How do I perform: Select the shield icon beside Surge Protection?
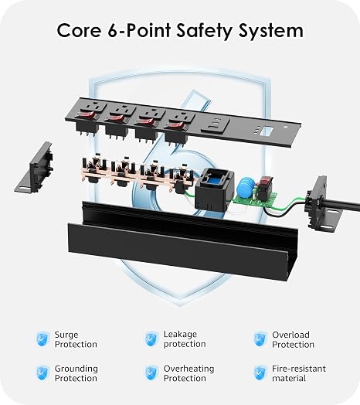tap(42, 339)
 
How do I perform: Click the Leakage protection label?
tap(185, 339)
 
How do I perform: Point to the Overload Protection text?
tap(293, 339)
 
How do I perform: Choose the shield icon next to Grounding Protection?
tap(42, 373)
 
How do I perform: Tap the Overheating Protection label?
tap(188, 373)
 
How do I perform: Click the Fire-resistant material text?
tap(299, 373)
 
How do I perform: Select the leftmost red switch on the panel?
tap(87, 115)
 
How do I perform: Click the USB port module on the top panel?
tap(215, 124)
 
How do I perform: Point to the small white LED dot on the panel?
tap(285, 127)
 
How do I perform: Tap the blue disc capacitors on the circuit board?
tap(247, 187)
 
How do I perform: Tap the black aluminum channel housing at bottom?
tap(183, 240)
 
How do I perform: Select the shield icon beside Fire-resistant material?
tap(260, 373)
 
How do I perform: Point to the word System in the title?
tap(270, 32)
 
